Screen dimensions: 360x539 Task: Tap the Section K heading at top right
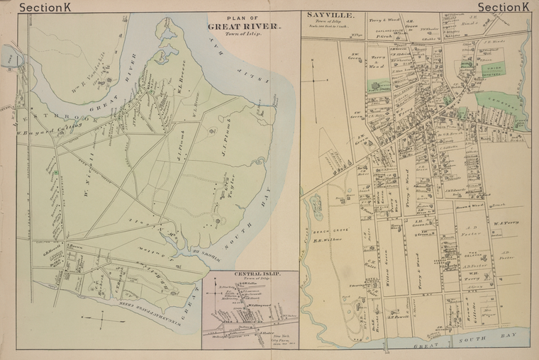pos(503,8)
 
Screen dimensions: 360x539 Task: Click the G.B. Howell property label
pos(52,247)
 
